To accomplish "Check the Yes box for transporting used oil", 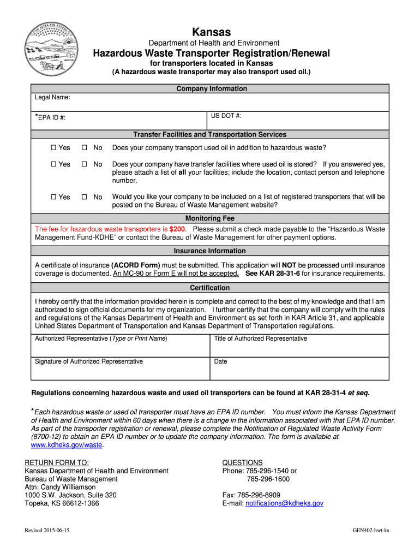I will (53, 148).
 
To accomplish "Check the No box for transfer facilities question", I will (85, 164).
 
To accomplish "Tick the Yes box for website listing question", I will (53, 197).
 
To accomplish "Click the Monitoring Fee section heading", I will (210, 218).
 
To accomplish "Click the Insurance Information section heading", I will (210, 251).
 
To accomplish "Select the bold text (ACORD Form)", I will (135, 265).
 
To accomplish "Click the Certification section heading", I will (210, 288).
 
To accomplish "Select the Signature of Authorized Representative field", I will (120, 368).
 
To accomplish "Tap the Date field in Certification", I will (299, 368).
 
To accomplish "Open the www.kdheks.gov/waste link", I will (66, 445).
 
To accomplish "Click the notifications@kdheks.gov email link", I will (284, 503).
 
